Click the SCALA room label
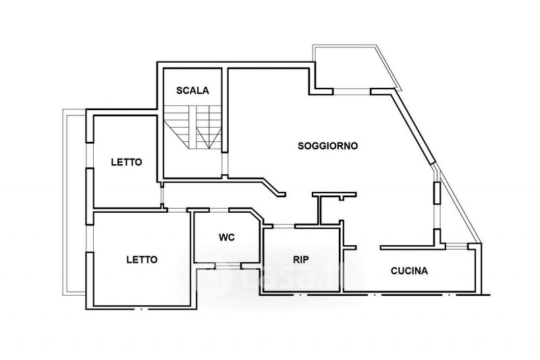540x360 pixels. (192, 91)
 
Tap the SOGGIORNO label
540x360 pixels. (327, 146)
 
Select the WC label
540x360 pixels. (227, 237)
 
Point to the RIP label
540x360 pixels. (300, 260)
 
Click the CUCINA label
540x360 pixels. (409, 271)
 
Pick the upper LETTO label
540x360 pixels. (126, 162)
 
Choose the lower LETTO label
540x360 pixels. (142, 259)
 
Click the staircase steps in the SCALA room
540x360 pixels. (192, 127)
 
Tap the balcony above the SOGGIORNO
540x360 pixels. (357, 68)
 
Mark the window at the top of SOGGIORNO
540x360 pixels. (351, 92)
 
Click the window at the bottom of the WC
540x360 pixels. (227, 265)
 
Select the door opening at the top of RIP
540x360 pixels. (283, 226)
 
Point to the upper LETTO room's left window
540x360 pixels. (90, 155)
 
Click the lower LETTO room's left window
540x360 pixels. (90, 238)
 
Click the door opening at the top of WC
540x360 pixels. (219, 210)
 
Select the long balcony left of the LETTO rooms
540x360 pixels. (74, 202)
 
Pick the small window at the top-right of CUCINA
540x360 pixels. (457, 246)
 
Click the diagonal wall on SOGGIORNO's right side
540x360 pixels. (412, 127)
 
